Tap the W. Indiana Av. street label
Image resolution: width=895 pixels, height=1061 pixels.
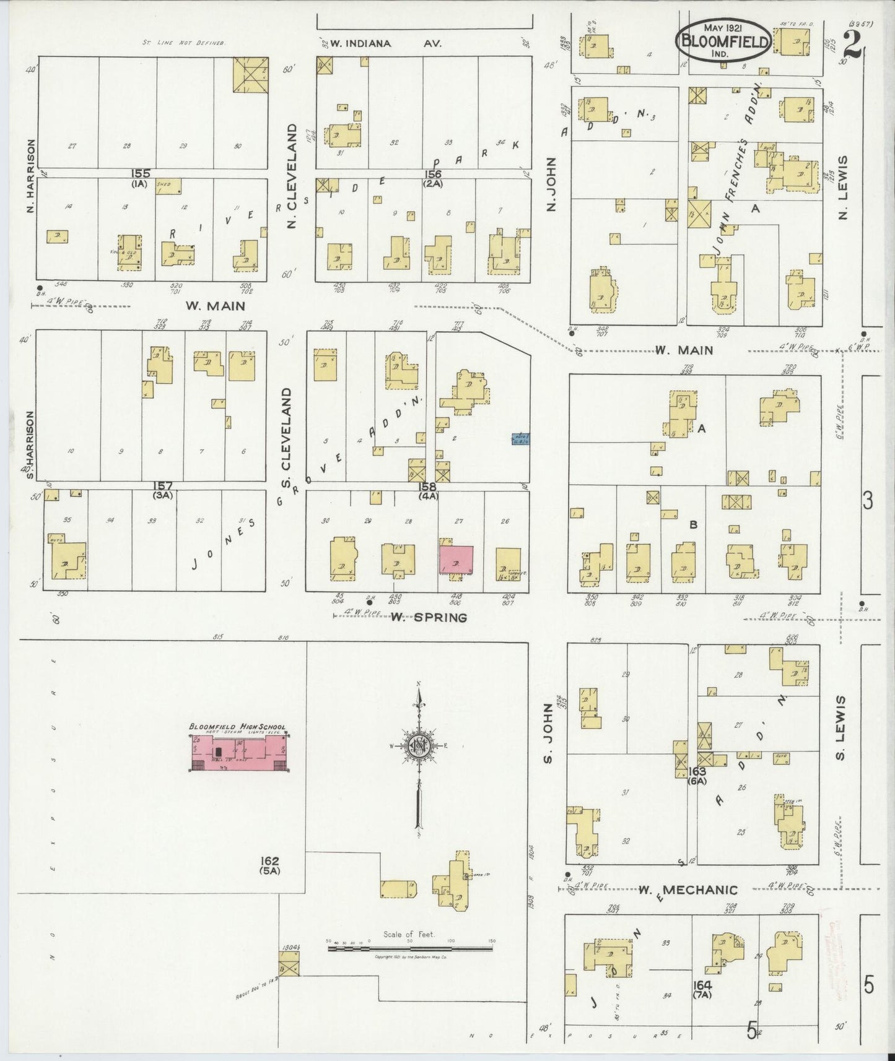coord(382,43)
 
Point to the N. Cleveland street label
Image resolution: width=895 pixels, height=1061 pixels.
coord(293,176)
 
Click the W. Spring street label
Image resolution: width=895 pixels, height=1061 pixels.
coord(429,617)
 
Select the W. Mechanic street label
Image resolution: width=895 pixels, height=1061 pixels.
coord(688,890)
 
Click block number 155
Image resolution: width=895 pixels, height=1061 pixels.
coord(141,174)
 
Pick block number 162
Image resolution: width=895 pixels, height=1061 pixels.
coord(270,861)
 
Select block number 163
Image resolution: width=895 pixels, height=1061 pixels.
coord(697,771)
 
